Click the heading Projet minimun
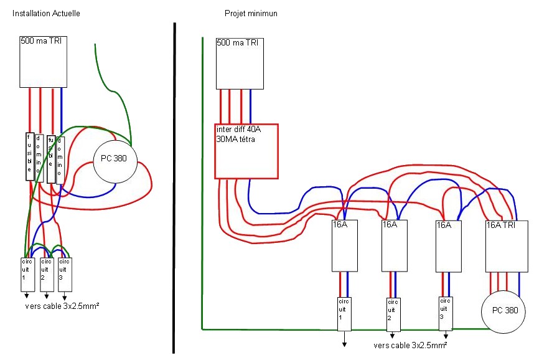251,14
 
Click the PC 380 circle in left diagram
113,159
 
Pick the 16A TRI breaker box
506,247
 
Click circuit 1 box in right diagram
344,313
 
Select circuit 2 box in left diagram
46,274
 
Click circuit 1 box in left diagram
27,274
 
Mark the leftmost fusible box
29,156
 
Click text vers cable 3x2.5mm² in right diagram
410,345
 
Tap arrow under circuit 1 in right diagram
344,339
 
